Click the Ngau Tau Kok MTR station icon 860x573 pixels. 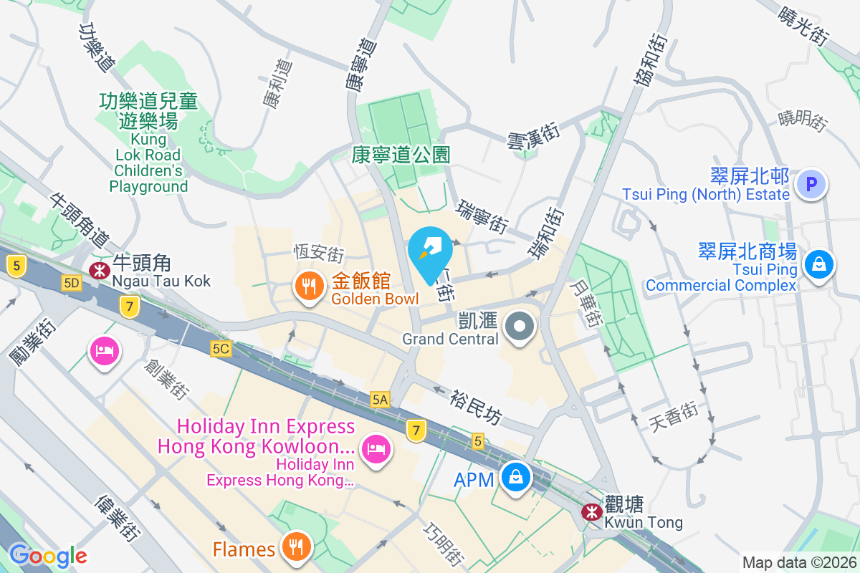97,270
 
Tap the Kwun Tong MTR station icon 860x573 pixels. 591,512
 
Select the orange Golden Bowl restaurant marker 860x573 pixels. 309,287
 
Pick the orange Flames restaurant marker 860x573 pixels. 295,547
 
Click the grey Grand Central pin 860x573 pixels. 520,328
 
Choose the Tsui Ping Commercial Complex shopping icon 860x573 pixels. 818,264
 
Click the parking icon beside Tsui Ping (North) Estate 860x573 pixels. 811,185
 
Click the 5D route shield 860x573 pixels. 72,283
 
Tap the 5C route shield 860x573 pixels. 221,348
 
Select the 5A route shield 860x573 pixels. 380,400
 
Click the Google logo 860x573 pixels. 47,556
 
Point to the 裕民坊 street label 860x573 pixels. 475,406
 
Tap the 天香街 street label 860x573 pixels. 674,417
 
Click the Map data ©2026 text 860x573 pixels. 798,562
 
